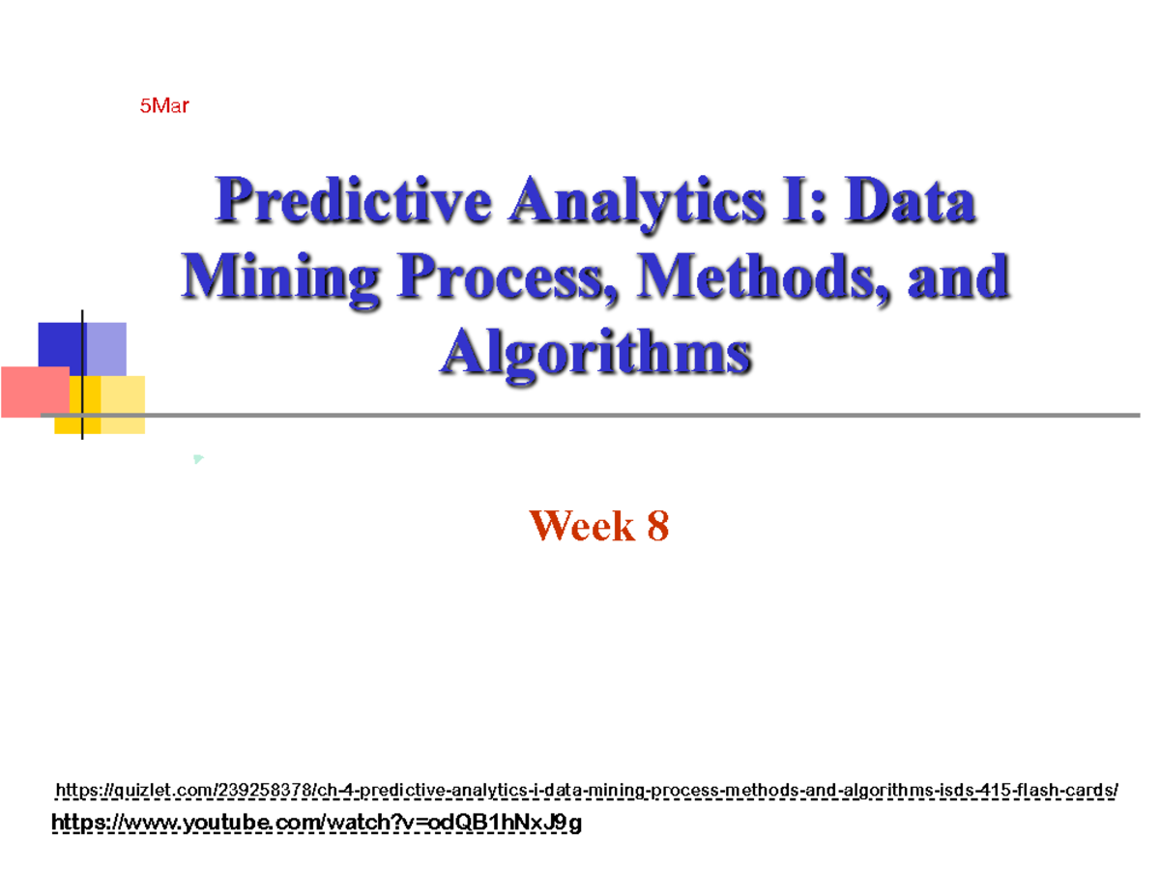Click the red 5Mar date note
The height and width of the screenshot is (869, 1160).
point(163,106)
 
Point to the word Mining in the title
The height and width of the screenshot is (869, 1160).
point(280,278)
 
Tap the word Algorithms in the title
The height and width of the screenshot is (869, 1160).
point(595,352)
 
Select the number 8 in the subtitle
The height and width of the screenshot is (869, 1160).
point(657,527)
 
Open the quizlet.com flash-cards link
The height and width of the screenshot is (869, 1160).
point(586,792)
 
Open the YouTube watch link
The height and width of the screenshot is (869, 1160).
point(316,824)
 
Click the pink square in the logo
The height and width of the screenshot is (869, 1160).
point(35,391)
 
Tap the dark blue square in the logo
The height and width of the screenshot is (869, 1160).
point(58,343)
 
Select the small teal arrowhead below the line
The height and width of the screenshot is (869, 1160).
point(197,458)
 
